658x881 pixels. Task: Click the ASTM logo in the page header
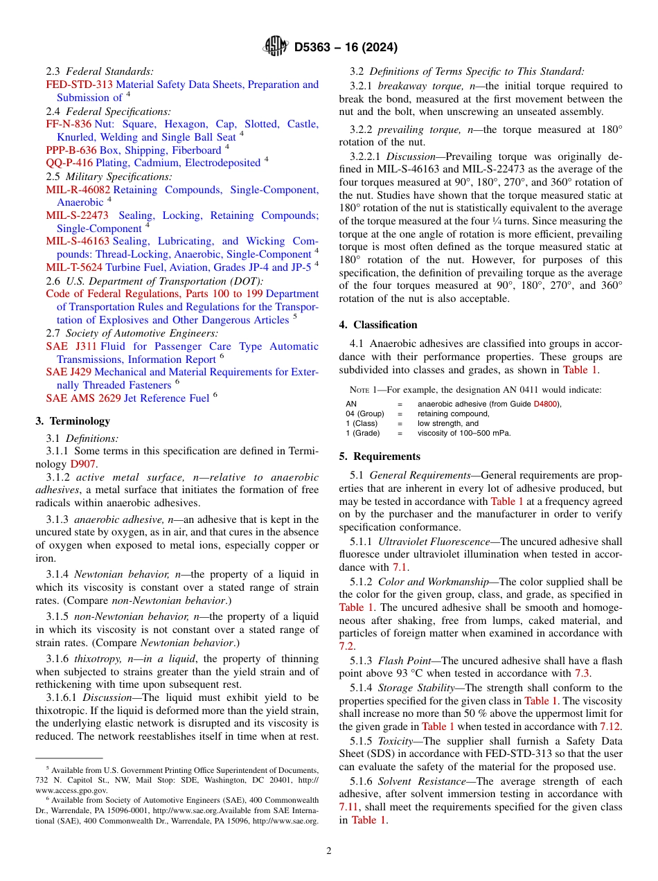tap(275, 47)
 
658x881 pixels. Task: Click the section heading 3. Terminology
tap(73, 421)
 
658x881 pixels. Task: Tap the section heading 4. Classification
tap(378, 325)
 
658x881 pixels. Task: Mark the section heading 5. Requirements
tap(380, 456)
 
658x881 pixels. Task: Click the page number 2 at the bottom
tap(329, 851)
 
